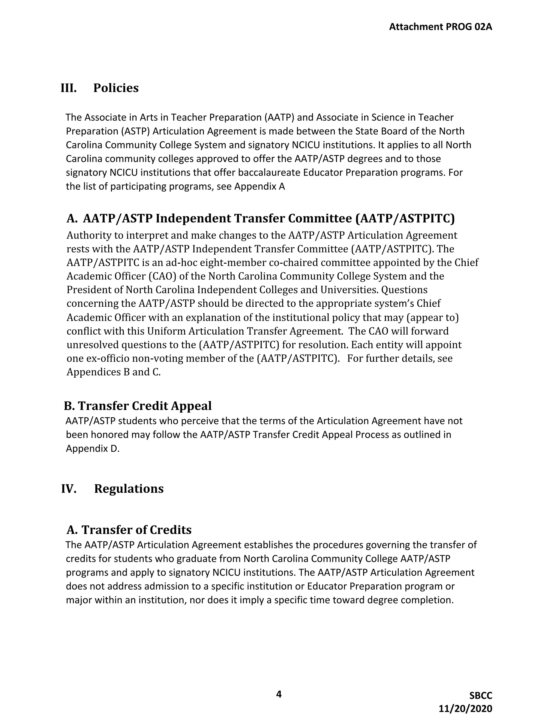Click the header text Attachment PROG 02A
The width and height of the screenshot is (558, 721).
[440, 27]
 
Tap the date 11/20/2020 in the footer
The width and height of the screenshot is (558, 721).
[465, 709]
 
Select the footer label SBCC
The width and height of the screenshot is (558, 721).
[481, 696]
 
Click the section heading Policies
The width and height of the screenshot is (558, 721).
[116, 88]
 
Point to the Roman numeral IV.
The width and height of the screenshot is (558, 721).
[69, 489]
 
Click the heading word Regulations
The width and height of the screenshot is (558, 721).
[129, 489]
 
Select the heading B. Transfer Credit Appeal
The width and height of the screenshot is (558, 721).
[138, 406]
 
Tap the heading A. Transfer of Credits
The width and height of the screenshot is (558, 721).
[129, 530]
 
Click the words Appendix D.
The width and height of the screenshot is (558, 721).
[92, 449]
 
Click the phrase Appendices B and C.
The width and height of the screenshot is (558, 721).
[113, 372]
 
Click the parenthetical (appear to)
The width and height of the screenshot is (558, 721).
[432, 317]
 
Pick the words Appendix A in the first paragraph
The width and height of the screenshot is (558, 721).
[259, 187]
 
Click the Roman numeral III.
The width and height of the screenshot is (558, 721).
[68, 88]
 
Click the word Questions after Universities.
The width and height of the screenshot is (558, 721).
[404, 290]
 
